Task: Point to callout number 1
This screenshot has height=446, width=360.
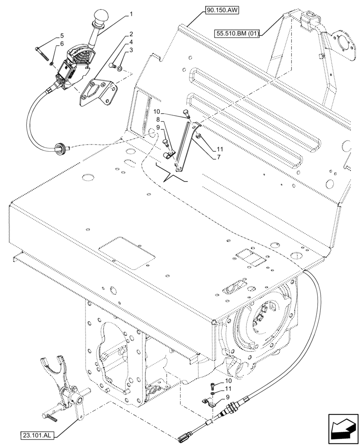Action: click(131, 14)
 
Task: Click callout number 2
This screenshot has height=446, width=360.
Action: click(131, 34)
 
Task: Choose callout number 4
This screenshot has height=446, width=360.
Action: click(131, 43)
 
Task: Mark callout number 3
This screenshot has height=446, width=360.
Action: click(131, 51)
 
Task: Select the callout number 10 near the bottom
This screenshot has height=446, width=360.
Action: click(228, 381)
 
